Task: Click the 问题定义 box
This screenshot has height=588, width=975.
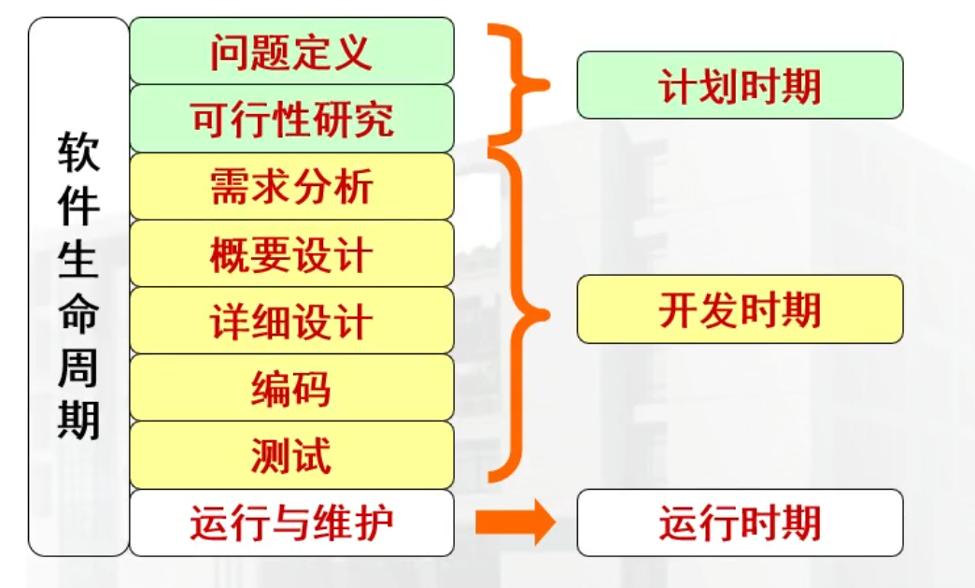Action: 291,51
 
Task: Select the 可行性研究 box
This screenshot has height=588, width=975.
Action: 291,119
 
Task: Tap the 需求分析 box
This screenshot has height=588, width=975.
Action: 291,186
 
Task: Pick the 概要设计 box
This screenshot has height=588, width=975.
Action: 291,253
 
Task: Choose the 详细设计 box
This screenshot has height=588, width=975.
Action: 291,321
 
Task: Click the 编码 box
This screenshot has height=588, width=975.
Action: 291,388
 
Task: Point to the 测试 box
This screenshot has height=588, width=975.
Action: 291,455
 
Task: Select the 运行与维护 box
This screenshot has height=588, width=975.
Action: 291,523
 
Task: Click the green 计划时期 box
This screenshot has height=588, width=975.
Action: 740,85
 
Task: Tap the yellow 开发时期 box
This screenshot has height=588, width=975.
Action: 740,309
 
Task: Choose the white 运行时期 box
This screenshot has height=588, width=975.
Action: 740,523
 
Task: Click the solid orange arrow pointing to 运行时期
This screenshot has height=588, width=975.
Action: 515,523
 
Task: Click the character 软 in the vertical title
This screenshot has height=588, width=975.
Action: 78,151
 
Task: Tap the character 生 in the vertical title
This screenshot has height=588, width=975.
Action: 78,259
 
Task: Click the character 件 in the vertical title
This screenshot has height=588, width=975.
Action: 78,206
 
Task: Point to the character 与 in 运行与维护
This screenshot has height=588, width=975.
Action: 291,523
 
